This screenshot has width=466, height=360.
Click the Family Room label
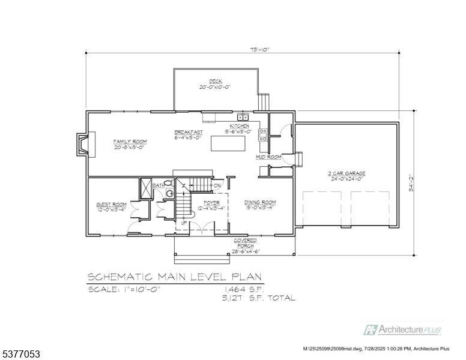130,142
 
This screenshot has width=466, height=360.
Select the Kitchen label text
238,126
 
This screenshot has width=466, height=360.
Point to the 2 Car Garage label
347,173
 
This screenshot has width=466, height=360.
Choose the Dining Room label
259,203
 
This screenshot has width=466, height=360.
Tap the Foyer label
211,203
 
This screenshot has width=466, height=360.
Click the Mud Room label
268,157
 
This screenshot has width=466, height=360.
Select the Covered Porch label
244,243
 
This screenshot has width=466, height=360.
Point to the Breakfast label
189,132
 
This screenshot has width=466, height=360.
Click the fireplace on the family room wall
82,144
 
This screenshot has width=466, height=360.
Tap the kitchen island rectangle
228,144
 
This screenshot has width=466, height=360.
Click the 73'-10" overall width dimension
243,50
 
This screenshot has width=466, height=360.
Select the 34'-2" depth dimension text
410,182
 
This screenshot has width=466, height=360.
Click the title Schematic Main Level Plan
175,277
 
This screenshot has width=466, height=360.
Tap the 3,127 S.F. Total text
258,298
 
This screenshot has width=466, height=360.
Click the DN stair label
217,185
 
